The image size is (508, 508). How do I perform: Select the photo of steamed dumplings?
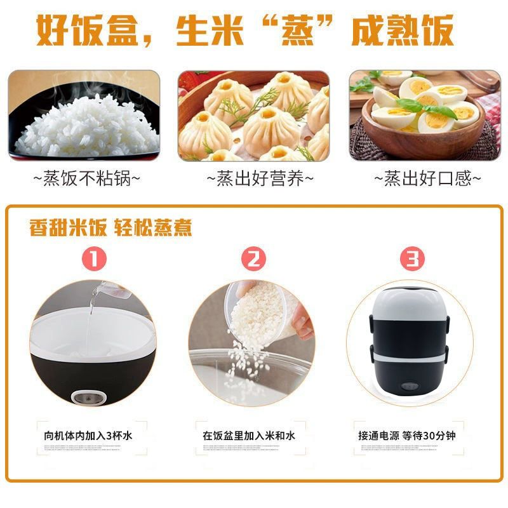(x=253, y=116)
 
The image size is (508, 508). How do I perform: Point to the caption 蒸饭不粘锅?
(x=87, y=178)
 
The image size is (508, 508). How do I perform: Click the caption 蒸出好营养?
(x=260, y=178)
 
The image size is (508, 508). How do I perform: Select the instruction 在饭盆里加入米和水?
(x=249, y=436)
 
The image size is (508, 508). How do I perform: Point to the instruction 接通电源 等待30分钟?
(x=406, y=436)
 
